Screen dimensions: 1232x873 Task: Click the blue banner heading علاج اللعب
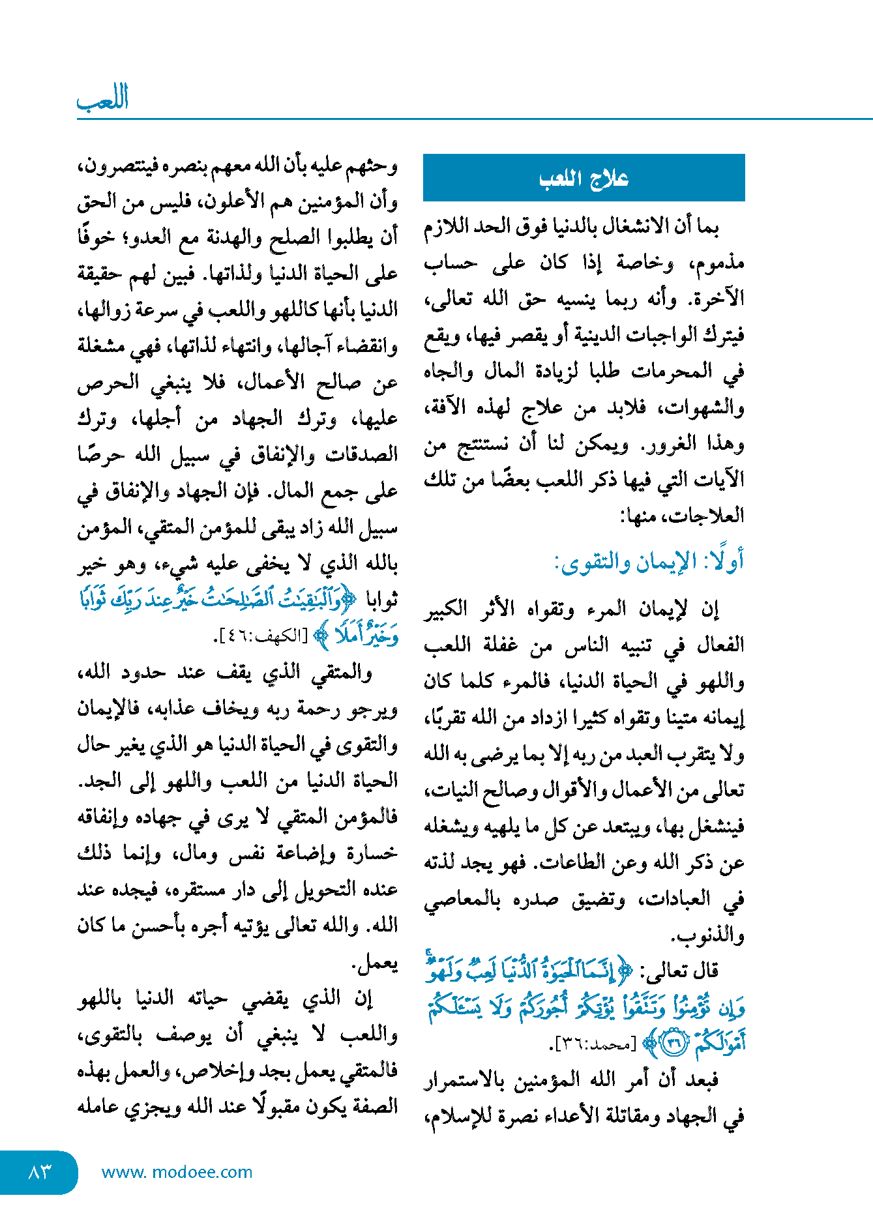point(584,178)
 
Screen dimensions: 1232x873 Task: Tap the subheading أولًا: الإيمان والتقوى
point(649,561)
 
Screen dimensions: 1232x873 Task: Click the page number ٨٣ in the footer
point(39,1171)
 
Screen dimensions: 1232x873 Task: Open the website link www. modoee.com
point(177,1171)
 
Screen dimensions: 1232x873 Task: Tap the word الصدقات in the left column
point(362,454)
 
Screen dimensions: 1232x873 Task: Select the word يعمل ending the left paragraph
point(374,962)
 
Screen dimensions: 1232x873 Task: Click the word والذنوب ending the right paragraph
point(709,936)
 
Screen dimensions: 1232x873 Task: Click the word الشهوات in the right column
point(707,408)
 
